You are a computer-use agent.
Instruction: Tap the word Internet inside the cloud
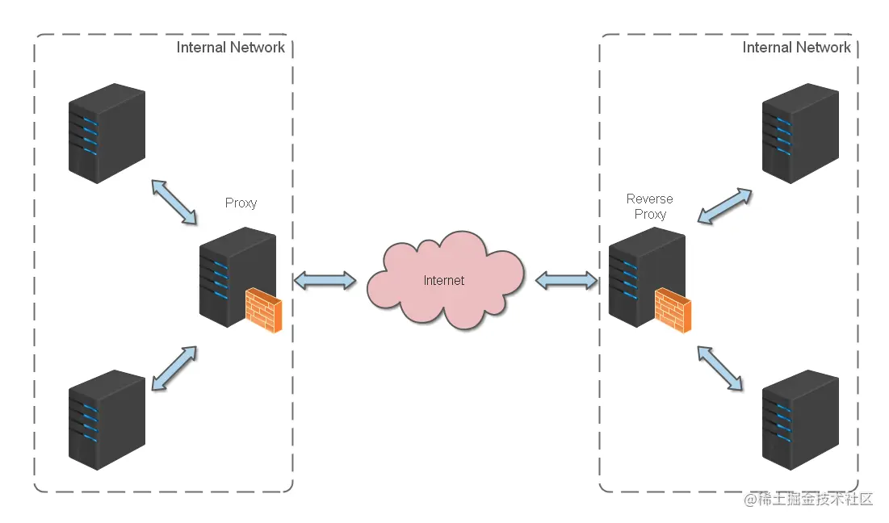[x=444, y=281]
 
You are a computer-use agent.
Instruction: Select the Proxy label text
[x=241, y=203]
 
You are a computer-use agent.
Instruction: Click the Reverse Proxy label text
[x=649, y=207]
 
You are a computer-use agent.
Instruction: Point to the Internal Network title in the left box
[x=230, y=48]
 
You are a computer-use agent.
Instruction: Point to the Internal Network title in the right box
[x=796, y=48]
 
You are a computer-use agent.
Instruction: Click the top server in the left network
[x=107, y=133]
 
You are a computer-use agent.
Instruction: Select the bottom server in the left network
[x=107, y=420]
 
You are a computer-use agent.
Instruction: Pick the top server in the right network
[x=800, y=133]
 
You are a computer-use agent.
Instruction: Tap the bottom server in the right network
[x=800, y=420]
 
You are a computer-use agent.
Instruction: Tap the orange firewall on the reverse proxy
[x=673, y=312]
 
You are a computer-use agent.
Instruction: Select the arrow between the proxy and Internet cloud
[x=325, y=281]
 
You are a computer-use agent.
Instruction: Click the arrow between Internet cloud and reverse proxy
[x=566, y=281]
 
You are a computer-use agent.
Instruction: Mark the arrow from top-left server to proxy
[x=174, y=202]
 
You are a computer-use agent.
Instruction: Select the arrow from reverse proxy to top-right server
[x=724, y=207]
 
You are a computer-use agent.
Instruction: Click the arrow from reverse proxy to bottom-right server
[x=720, y=368]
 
